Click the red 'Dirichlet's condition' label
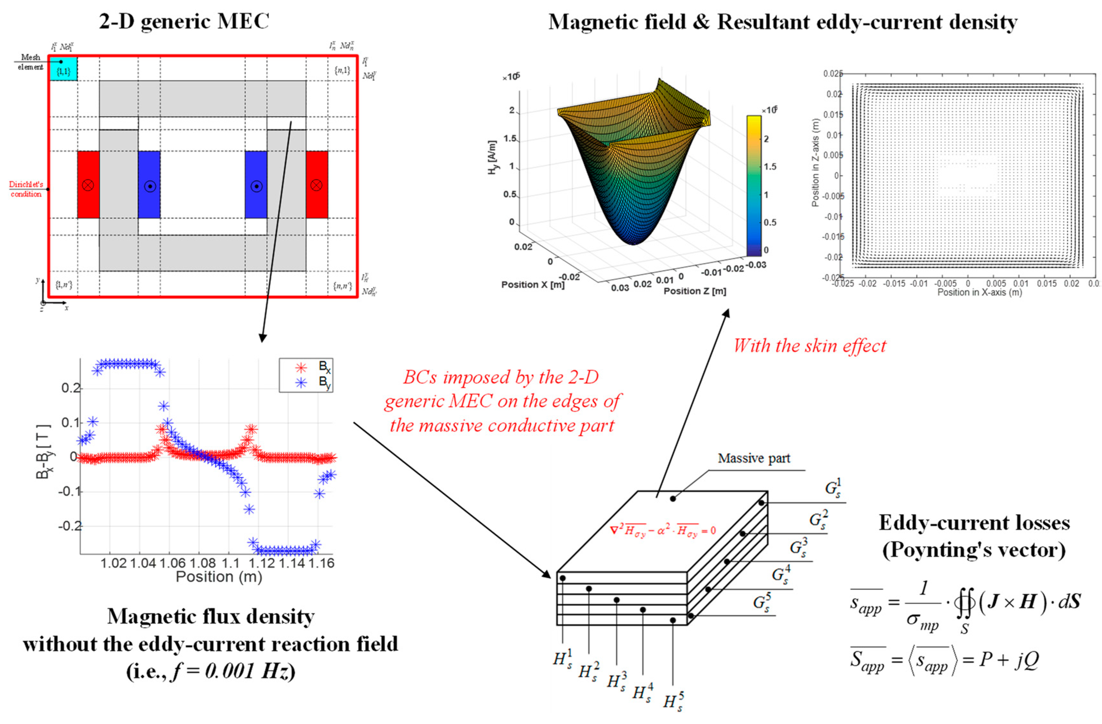click(26, 189)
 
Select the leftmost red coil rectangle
click(88, 184)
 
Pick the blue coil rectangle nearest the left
click(149, 184)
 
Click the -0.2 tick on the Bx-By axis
click(70, 526)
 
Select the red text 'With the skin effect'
click(810, 346)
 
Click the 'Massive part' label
click(754, 458)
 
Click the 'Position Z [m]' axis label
click(695, 291)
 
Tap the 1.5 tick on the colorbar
click(769, 167)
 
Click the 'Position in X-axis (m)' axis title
click(979, 292)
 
